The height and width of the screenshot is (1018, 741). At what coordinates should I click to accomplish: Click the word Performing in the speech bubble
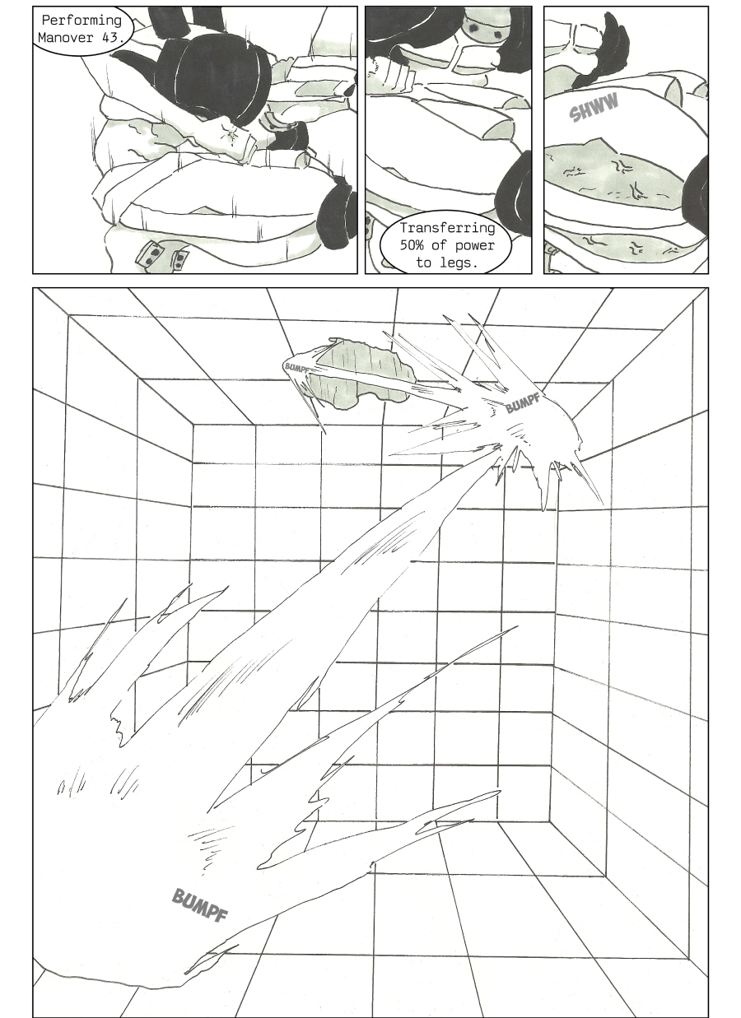point(82,21)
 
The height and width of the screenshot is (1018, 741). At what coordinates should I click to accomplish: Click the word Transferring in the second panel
point(447,228)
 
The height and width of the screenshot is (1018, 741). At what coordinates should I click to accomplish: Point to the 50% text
point(412,245)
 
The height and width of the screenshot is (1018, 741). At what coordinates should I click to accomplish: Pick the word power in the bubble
point(474,246)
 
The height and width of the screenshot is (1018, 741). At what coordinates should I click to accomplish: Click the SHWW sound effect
point(594,107)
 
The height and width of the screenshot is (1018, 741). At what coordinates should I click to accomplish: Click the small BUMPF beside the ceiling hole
point(296,368)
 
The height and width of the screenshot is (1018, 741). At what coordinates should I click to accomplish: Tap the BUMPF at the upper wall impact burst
point(523,402)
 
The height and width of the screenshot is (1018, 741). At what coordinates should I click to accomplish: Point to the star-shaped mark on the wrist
point(232,133)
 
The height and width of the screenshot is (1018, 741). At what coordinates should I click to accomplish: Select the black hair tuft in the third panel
point(601,50)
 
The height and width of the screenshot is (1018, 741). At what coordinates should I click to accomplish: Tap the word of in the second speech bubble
point(440,245)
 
